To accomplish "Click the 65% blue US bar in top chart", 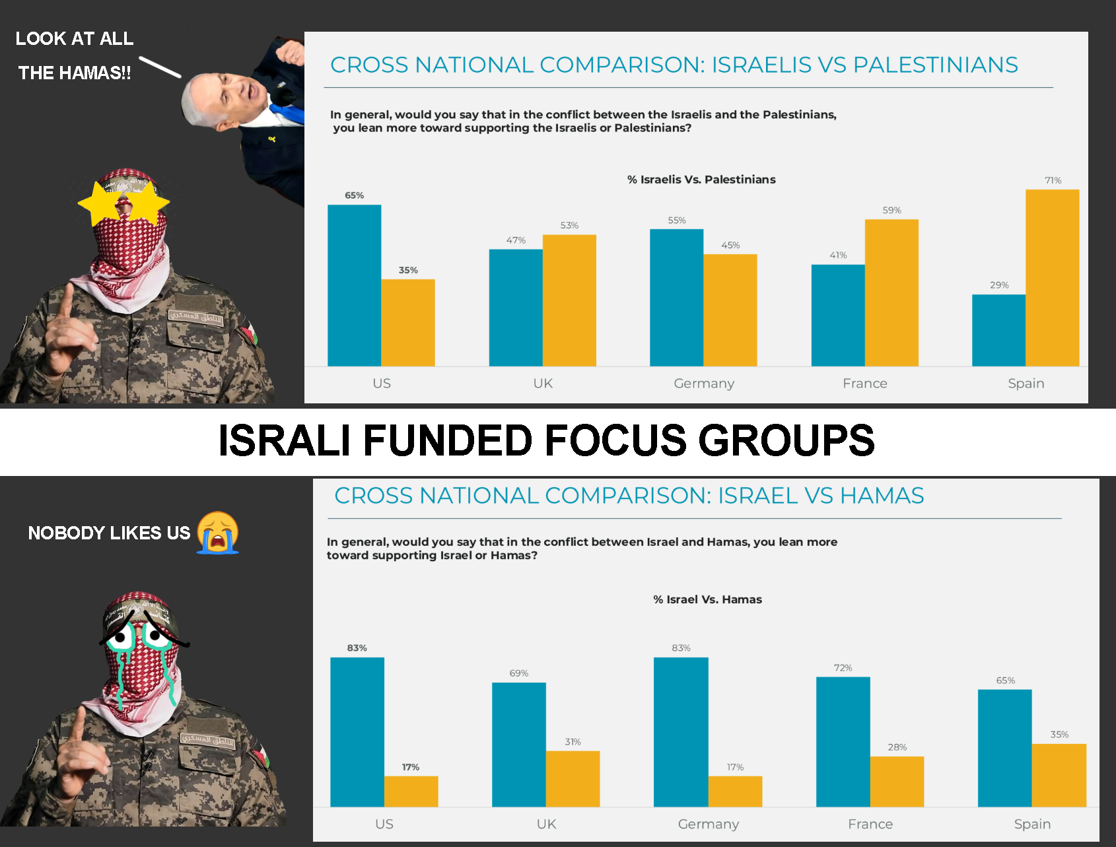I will [x=354, y=285].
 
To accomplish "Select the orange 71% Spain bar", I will [x=1052, y=277].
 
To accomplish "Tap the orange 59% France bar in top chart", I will [x=891, y=292].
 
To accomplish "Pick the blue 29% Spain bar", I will [x=998, y=330].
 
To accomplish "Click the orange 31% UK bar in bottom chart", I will [x=573, y=778].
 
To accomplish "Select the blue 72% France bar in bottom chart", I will [x=843, y=741].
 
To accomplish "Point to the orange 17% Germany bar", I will [x=735, y=791].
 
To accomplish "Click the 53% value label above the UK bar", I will [x=569, y=225].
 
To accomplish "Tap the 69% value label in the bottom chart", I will [x=518, y=673].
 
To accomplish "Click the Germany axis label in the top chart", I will [x=704, y=384].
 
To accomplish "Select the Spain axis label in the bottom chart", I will [x=1032, y=824].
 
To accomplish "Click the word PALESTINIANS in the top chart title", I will [x=935, y=65].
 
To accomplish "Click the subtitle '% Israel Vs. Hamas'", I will [x=707, y=599].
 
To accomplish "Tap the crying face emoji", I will [x=218, y=533].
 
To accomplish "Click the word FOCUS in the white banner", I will [x=615, y=440].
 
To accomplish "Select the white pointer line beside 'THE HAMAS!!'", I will [x=160, y=67].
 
